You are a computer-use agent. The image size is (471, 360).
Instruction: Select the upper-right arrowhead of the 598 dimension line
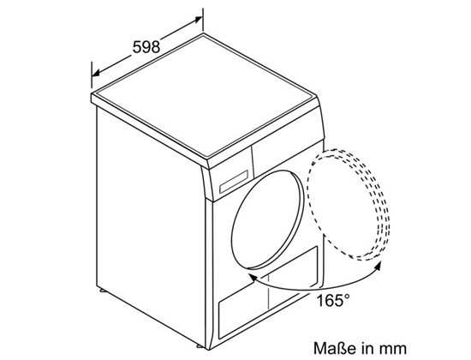(x=201, y=15)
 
